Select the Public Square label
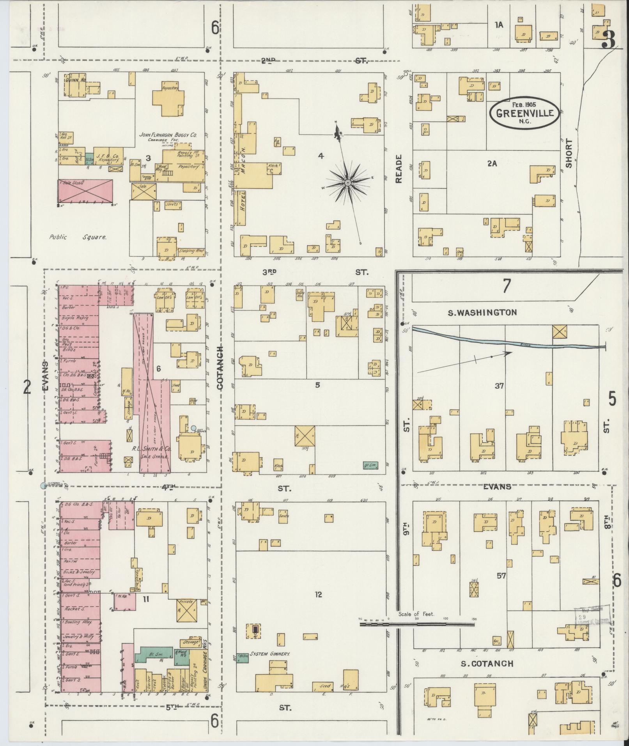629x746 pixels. click(x=78, y=237)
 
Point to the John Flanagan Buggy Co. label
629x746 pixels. click(x=168, y=135)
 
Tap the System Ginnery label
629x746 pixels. click(x=270, y=654)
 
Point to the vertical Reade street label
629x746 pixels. click(x=398, y=168)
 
